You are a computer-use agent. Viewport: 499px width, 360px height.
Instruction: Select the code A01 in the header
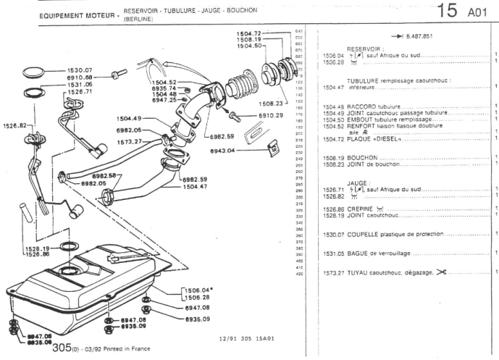pyautogui.click(x=479, y=12)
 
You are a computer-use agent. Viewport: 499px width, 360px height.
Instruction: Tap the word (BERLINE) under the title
pyautogui.click(x=140, y=20)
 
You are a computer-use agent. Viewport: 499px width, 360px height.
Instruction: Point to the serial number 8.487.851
pyautogui.click(x=413, y=35)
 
